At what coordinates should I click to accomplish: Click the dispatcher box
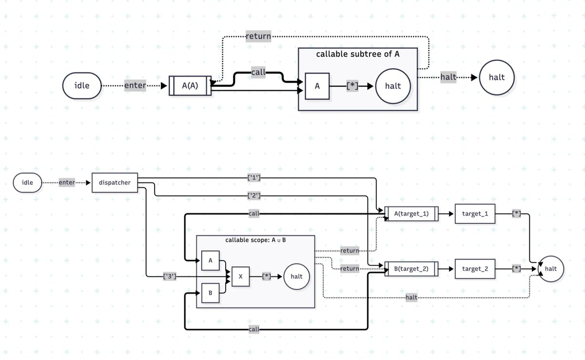tap(115, 182)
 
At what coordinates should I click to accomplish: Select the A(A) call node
tap(190, 86)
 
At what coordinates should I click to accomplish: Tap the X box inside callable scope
tap(240, 277)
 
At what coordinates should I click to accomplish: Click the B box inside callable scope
tap(210, 293)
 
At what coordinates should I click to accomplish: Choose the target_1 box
tap(475, 214)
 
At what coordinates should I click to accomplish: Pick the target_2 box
tap(475, 269)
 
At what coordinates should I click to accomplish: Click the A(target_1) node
tap(411, 214)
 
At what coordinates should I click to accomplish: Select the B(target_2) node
tap(411, 269)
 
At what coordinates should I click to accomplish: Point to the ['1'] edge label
tap(254, 178)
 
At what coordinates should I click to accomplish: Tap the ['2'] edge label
tap(254, 196)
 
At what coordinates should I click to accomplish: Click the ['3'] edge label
tap(170, 276)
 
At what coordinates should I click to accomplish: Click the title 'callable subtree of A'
tap(357, 54)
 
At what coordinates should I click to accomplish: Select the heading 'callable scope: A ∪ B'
tap(255, 240)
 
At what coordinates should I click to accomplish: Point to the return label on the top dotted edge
tap(258, 36)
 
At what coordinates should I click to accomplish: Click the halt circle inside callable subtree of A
tap(393, 86)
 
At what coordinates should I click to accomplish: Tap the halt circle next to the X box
tap(296, 277)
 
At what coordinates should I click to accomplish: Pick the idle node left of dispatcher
tap(27, 182)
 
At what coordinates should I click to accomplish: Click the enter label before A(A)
tap(135, 85)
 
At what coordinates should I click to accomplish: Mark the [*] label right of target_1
tap(516, 214)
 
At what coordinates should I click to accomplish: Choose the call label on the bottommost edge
tap(254, 329)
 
